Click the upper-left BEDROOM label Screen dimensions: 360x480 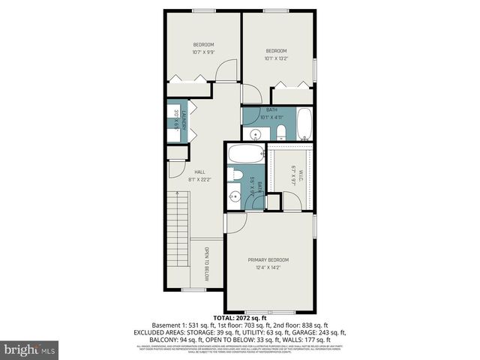203,44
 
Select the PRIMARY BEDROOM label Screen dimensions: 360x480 268,259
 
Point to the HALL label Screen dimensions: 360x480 200,172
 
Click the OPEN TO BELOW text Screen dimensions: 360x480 205,262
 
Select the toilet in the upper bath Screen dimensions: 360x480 280,133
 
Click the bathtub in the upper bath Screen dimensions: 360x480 304,124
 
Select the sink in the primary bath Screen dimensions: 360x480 234,197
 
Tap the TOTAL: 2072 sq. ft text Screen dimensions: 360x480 240,319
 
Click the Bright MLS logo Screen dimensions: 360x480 30,349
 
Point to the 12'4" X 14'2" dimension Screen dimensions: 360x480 268,267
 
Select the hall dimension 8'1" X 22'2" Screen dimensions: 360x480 200,179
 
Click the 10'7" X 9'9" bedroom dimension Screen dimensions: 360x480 203,52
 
